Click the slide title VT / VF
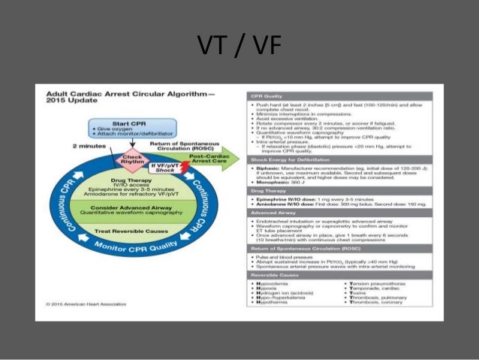pos(239,47)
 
